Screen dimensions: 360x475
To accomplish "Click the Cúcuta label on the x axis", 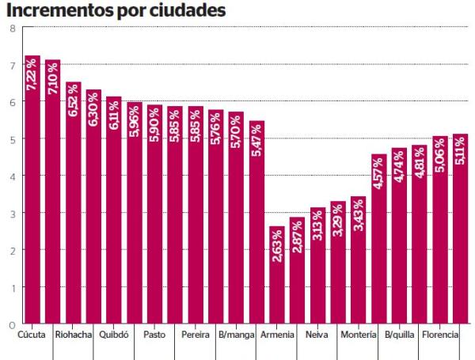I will [32, 335].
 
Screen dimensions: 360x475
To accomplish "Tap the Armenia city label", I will [277, 335].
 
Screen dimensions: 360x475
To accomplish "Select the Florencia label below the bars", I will [440, 335].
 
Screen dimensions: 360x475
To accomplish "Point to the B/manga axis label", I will [237, 335].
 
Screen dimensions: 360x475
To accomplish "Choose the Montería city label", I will [359, 335].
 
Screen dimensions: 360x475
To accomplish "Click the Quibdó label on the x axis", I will [114, 335].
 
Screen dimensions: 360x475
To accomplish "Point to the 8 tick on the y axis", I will [12, 28].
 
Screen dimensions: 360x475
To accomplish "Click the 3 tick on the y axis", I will [12, 213].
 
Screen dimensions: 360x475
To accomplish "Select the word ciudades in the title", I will [187, 10].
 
